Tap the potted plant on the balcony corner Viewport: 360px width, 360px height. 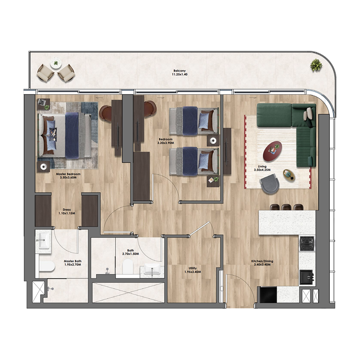pos(316,66)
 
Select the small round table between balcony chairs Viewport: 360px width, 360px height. pos(56,64)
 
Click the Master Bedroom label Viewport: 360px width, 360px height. pos(68,175)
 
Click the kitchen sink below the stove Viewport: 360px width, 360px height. pos(307,274)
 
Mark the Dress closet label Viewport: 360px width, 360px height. pos(67,211)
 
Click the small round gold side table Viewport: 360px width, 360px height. pos(288,175)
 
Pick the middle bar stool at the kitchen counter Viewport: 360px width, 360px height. pos(286,207)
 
